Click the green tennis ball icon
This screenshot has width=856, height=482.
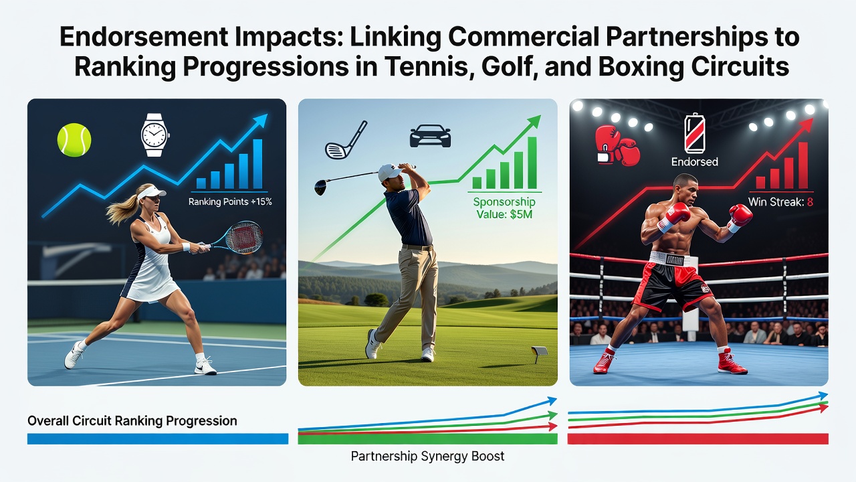click(74, 140)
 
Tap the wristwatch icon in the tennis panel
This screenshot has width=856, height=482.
click(154, 135)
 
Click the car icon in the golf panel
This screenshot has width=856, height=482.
click(430, 137)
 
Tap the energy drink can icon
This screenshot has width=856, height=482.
click(694, 133)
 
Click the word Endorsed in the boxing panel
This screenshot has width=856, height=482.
click(694, 162)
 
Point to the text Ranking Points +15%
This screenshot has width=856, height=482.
click(230, 202)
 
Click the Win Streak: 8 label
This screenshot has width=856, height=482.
click(780, 202)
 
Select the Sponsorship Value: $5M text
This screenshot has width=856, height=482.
click(504, 208)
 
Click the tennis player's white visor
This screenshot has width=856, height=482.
click(150, 192)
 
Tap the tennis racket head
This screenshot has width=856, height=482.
click(244, 237)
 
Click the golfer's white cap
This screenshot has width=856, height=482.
click(390, 172)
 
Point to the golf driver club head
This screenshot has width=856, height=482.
click(320, 187)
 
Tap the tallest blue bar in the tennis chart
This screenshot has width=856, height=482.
click(257, 164)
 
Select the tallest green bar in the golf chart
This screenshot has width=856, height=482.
click(532, 163)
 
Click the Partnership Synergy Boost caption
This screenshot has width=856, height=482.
click(427, 456)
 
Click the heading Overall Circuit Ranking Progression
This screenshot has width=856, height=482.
click(132, 421)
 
